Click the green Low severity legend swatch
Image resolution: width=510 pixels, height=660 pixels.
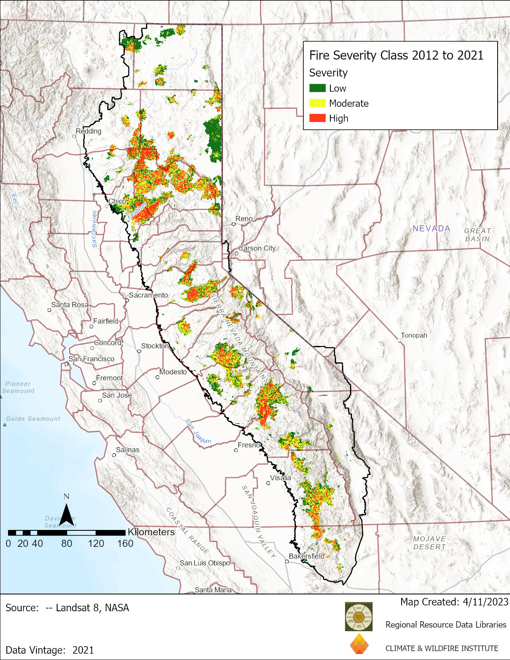(x=317, y=88)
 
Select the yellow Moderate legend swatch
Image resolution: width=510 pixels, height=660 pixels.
(x=317, y=103)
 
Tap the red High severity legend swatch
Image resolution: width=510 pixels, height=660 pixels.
(x=317, y=118)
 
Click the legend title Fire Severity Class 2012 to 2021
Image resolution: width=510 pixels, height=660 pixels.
(x=396, y=55)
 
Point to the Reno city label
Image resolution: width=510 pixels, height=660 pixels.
(x=244, y=219)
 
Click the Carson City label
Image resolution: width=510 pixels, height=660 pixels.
(x=257, y=248)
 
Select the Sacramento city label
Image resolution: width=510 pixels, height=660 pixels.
(x=148, y=295)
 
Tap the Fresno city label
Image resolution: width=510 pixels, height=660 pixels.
(x=249, y=445)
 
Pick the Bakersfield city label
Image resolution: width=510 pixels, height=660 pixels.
(x=306, y=556)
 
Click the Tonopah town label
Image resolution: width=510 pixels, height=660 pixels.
(x=414, y=336)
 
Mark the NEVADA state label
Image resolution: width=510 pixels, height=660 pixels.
(x=431, y=228)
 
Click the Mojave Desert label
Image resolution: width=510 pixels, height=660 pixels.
(x=429, y=543)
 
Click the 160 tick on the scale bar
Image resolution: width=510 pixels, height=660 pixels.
(x=125, y=544)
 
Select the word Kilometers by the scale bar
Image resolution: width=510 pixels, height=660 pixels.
(x=151, y=532)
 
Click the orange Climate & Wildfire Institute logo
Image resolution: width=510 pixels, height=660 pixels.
(x=359, y=644)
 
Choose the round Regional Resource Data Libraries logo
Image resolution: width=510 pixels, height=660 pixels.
(x=359, y=616)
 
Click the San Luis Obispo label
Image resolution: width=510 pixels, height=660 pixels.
(x=205, y=563)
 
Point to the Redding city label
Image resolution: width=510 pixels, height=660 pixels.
(x=88, y=131)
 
